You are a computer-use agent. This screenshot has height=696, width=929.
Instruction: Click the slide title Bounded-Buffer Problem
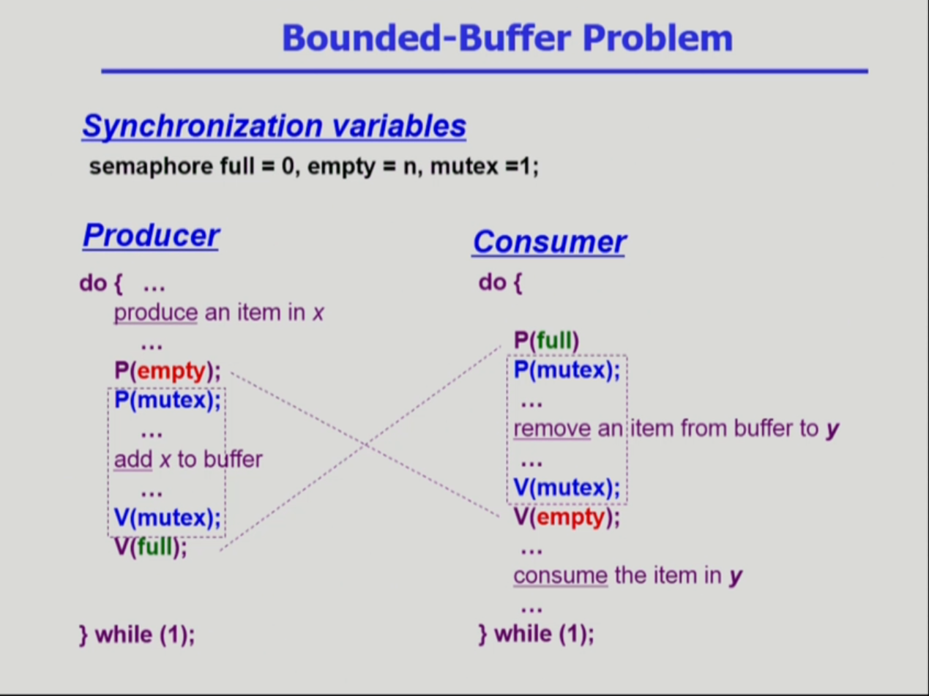pos(507,38)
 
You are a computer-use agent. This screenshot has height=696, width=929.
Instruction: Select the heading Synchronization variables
pos(274,126)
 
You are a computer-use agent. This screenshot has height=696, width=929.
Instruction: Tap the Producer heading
pos(151,236)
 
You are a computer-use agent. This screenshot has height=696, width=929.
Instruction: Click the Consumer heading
pos(549,242)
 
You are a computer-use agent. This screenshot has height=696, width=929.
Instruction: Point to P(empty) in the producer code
pos(167,371)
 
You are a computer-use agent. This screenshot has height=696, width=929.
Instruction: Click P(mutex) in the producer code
pos(167,400)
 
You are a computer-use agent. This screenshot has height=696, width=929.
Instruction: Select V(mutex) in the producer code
pos(167,518)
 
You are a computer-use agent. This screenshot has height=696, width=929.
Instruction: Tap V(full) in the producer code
pos(151,547)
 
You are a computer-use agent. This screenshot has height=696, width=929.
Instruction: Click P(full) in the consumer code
pos(546,341)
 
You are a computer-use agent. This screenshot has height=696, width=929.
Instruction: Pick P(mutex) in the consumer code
pos(566,370)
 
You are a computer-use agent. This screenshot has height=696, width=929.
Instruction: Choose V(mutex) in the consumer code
pos(566,488)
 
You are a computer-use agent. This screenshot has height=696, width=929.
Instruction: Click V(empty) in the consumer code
pos(566,518)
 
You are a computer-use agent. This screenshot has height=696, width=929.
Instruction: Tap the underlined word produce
pos(155,313)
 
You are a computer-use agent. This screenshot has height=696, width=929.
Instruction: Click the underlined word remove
pos(552,429)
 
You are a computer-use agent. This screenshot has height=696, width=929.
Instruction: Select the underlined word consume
pos(560,576)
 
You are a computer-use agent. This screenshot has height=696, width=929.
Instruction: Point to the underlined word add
pos(133,460)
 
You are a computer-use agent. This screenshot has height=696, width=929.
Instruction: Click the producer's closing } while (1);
pos(137,634)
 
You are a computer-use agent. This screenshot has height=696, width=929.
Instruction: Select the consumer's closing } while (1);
pos(536,634)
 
